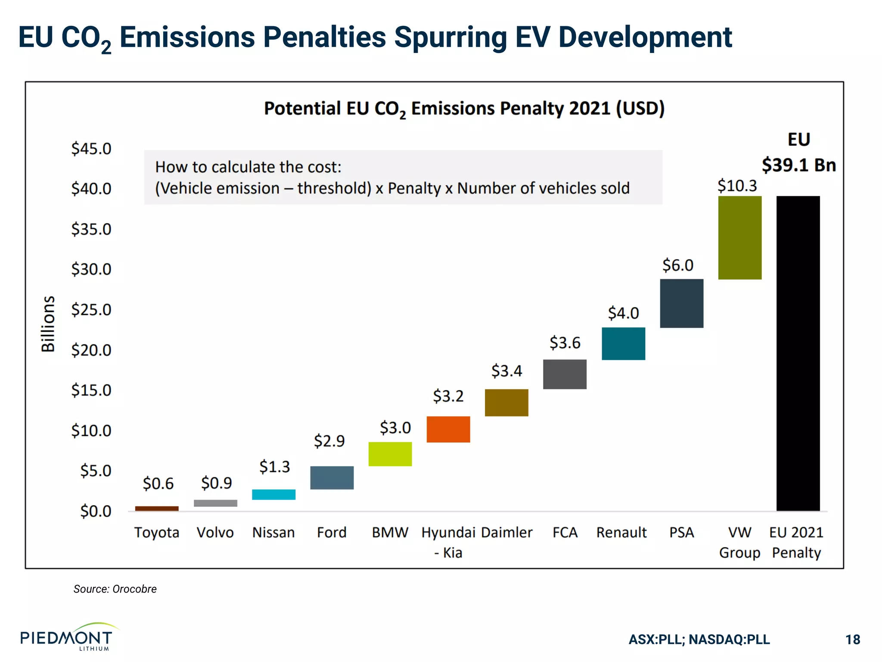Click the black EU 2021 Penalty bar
tap(798, 353)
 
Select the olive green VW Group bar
tap(739, 237)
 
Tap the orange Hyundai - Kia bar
tap(448, 429)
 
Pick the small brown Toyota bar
tap(157, 509)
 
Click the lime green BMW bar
tap(390, 454)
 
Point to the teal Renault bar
tap(623, 343)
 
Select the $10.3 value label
tap(737, 186)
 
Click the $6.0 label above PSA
tap(677, 265)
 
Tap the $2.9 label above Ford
tap(329, 441)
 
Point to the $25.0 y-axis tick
tap(91, 309)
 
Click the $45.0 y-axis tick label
tap(91, 149)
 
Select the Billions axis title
tap(48, 324)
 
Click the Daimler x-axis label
tap(506, 532)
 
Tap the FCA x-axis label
tap(565, 532)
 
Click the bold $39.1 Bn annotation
tap(798, 165)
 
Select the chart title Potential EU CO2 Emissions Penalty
tap(464, 109)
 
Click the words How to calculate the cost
tap(248, 167)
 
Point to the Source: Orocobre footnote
tap(115, 589)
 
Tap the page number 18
tap(852, 639)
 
